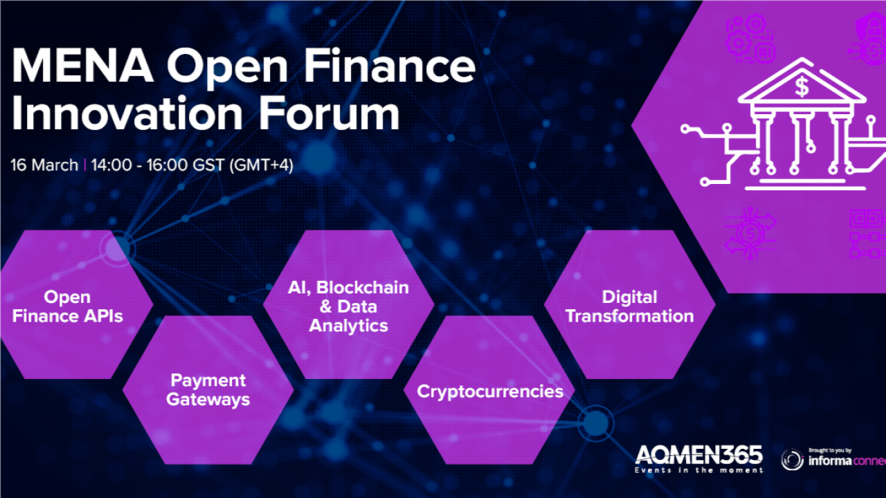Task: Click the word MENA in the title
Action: tap(82, 66)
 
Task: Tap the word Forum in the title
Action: tap(329, 114)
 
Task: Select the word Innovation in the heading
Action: tap(127, 114)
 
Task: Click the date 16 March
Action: tap(44, 165)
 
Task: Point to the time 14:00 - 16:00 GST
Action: tap(158, 165)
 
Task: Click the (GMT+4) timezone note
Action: tap(262, 165)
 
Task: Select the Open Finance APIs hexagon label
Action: tap(67, 306)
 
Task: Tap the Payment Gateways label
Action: tap(208, 389)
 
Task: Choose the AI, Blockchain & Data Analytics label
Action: tap(348, 306)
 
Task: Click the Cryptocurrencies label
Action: tap(490, 391)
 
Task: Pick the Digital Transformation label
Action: tap(629, 306)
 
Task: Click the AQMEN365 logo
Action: tap(699, 454)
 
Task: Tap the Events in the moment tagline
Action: tap(699, 470)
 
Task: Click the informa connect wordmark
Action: tap(847, 461)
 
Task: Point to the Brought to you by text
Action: tap(830, 450)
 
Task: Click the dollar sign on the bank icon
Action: tap(802, 87)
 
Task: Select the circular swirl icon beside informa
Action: tap(793, 459)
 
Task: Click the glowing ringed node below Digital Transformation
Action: tap(596, 423)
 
